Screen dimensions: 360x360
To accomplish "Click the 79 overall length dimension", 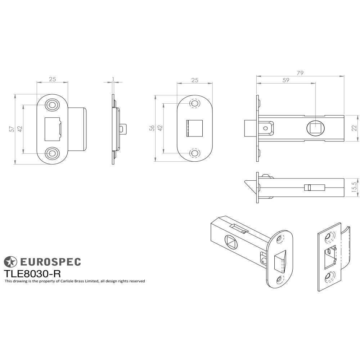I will tap(300, 73).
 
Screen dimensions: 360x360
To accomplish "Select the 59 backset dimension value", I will tap(285, 81).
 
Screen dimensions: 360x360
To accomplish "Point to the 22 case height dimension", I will tap(354, 128).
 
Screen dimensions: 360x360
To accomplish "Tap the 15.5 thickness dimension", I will tap(354, 188).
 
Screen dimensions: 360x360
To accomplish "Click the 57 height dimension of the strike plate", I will tap(12, 129).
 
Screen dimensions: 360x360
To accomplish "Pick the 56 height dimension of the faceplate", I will tap(152, 128).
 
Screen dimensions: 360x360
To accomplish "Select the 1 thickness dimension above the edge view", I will tap(113, 79).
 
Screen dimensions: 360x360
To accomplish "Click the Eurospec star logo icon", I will tap(10, 262).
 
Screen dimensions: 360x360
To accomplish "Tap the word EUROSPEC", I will tap(50, 262).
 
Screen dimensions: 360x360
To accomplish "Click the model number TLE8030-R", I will tap(32, 273).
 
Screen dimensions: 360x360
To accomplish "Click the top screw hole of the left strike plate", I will tap(52, 104).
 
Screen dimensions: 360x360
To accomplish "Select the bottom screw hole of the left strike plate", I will tap(52, 153).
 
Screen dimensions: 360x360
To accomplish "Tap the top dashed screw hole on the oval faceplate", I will tap(195, 104).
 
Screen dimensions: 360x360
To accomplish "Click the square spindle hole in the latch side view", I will tap(316, 128).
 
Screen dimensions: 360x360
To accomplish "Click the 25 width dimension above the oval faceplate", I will tap(195, 80).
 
